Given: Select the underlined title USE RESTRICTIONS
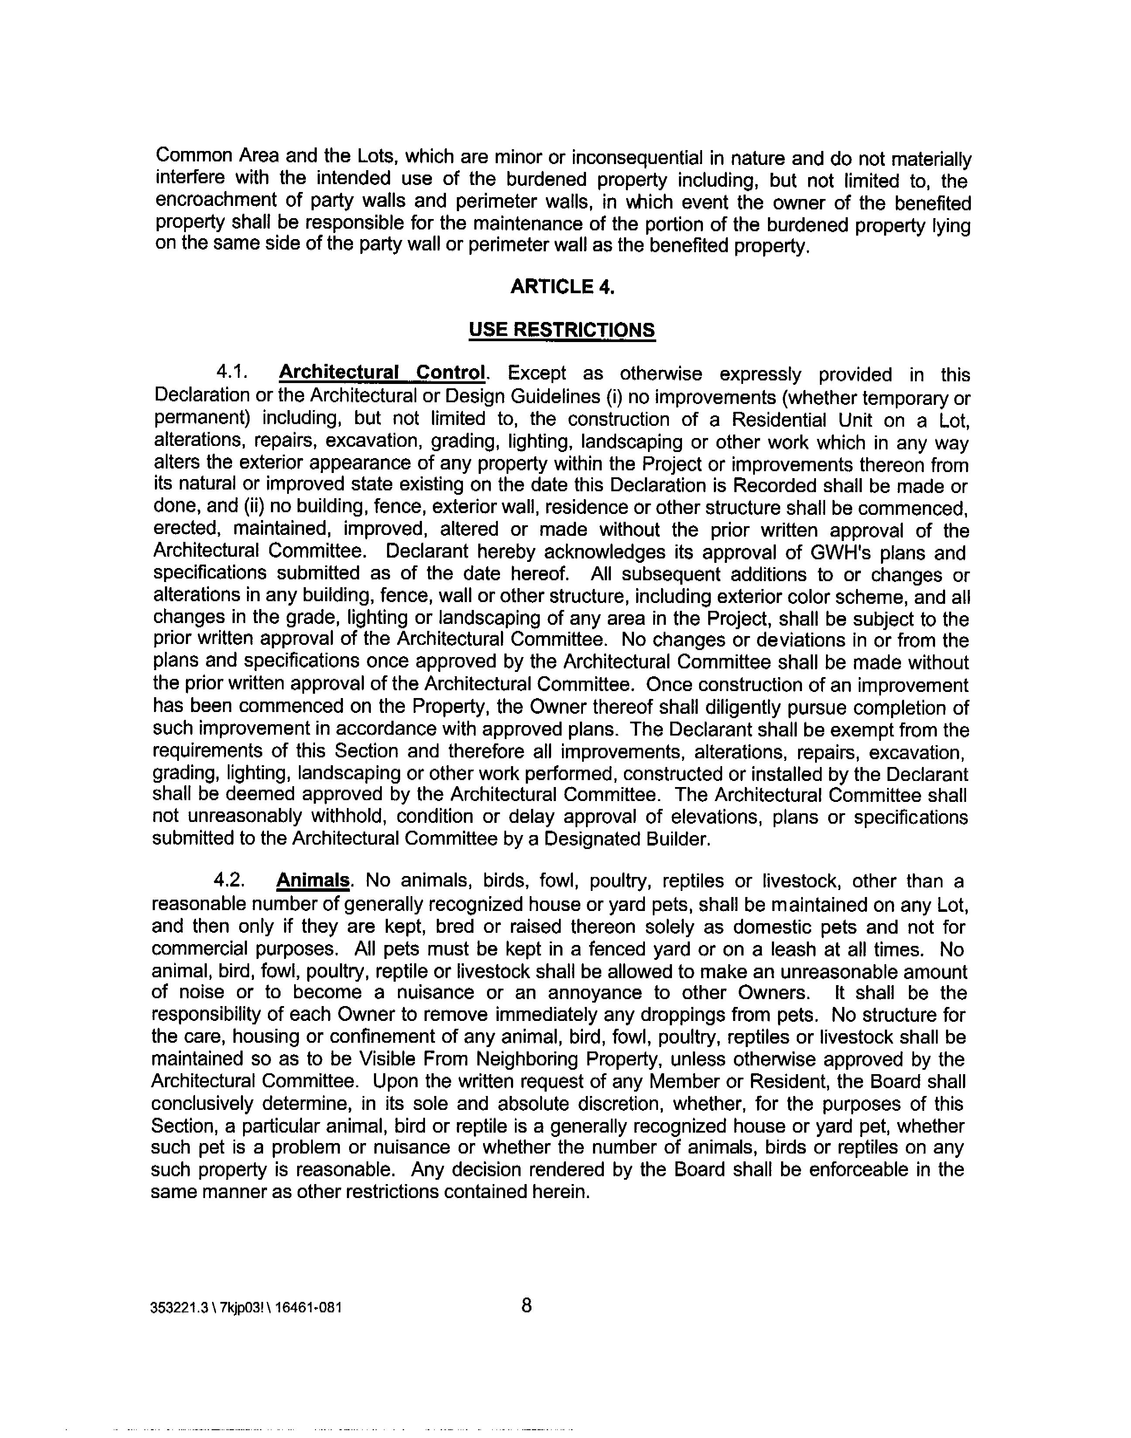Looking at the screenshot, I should pyautogui.click(x=562, y=330).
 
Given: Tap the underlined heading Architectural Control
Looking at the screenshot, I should pyautogui.click(x=383, y=373).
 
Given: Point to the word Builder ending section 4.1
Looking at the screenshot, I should pyautogui.click(x=677, y=839).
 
